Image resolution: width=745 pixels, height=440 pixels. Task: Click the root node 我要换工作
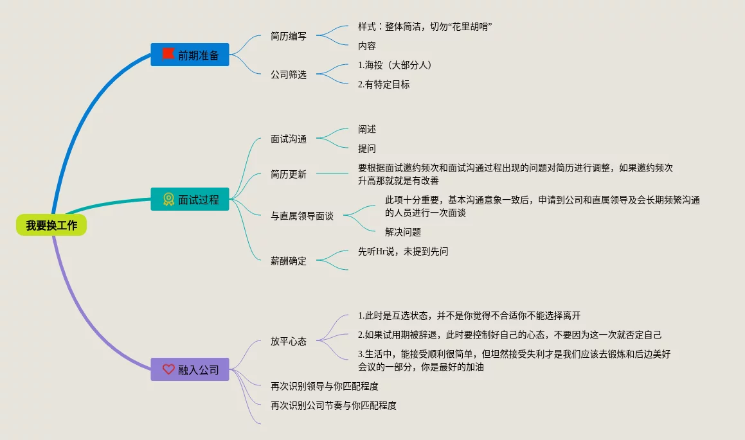[x=51, y=225]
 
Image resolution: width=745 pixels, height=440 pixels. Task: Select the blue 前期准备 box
[x=190, y=55]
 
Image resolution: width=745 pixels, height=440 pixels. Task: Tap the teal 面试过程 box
[x=190, y=200]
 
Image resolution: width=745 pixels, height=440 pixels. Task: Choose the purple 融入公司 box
[x=190, y=370]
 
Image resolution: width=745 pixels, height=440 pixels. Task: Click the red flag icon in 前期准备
[x=168, y=54]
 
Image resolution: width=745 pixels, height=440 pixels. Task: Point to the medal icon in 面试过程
[x=168, y=199]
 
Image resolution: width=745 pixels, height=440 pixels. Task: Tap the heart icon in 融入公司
[x=168, y=369]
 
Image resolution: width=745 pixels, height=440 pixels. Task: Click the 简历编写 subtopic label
[x=289, y=36]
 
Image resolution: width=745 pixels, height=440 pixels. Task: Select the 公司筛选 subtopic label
[x=289, y=75]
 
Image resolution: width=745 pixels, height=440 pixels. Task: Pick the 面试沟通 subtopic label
[x=289, y=139]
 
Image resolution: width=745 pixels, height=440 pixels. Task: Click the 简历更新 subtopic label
[x=289, y=174]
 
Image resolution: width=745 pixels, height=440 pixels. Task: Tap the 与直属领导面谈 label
[x=302, y=216]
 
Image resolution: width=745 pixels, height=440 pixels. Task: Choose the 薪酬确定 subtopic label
[x=289, y=261]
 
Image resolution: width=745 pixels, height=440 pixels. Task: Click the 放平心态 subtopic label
[x=289, y=341]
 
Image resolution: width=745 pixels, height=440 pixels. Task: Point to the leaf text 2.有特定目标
[x=384, y=84]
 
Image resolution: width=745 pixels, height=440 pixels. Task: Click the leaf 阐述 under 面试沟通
[x=367, y=129]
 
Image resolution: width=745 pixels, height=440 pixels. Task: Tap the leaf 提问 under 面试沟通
[x=367, y=148]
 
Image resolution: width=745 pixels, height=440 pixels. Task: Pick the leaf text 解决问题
[x=403, y=232]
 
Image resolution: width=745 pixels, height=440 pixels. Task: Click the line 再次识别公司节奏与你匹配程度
[x=334, y=405]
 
